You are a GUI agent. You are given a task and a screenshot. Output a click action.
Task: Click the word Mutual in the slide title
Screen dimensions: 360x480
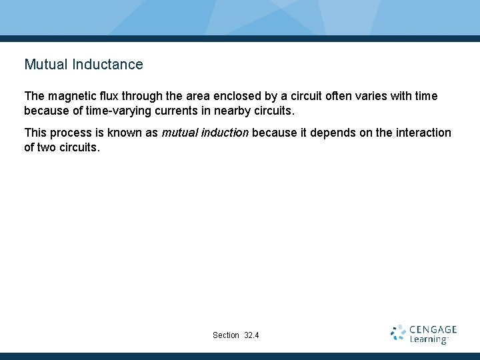tap(46, 65)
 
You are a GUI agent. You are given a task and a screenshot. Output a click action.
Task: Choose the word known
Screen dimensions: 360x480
tap(121, 133)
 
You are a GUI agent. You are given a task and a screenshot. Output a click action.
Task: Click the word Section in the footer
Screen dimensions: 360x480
tap(226, 335)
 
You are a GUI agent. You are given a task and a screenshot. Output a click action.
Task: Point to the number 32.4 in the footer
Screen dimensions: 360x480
tap(252, 335)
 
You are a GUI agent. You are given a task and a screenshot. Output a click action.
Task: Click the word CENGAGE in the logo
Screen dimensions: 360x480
tap(433, 329)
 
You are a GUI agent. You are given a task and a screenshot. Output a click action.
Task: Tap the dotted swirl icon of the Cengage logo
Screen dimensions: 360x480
tap(399, 333)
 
